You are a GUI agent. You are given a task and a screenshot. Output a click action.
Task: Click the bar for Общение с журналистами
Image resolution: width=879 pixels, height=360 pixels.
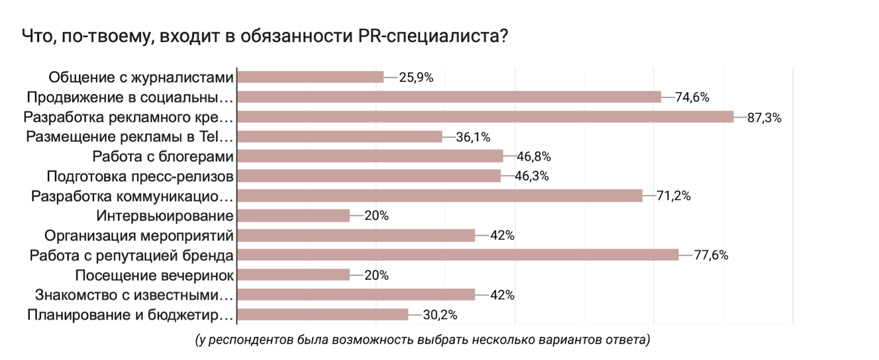(310, 77)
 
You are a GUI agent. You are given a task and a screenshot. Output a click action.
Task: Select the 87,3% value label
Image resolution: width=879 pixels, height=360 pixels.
(764, 118)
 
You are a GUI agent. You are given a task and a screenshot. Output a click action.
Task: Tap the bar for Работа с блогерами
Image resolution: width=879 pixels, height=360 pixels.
(370, 157)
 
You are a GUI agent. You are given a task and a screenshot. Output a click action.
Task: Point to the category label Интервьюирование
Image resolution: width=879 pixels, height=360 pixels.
(165, 216)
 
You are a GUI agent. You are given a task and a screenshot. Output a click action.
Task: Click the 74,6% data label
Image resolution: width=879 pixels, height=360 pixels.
(692, 97)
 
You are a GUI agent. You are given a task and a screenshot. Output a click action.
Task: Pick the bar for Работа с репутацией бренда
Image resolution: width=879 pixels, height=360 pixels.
(458, 255)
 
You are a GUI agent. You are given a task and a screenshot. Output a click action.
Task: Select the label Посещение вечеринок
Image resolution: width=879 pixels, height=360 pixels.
(154, 275)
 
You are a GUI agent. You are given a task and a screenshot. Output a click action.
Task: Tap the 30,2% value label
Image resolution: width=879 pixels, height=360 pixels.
(439, 315)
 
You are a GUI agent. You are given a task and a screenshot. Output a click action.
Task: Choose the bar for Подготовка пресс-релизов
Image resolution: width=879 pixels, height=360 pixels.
(369, 176)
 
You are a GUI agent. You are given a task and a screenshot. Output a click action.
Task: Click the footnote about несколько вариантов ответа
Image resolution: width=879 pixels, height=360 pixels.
(422, 340)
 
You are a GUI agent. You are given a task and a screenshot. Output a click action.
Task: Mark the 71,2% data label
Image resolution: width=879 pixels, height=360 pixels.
(674, 196)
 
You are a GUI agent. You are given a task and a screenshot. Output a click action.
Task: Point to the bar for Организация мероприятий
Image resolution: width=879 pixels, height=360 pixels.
(356, 236)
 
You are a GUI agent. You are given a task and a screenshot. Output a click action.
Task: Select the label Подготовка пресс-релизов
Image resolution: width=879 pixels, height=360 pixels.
(140, 176)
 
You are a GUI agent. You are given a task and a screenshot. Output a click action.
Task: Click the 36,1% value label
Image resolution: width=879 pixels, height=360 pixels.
(472, 137)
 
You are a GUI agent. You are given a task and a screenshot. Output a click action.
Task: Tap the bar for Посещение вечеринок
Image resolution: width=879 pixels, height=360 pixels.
(293, 275)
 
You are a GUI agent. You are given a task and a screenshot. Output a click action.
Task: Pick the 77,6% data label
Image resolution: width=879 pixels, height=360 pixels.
(711, 255)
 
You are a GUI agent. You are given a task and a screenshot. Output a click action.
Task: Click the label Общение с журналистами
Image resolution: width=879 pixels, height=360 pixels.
(141, 77)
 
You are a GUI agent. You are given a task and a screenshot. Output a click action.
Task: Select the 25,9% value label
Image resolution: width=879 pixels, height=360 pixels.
(416, 77)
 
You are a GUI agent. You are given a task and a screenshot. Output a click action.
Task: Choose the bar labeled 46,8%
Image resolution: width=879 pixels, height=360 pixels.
(370, 157)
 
